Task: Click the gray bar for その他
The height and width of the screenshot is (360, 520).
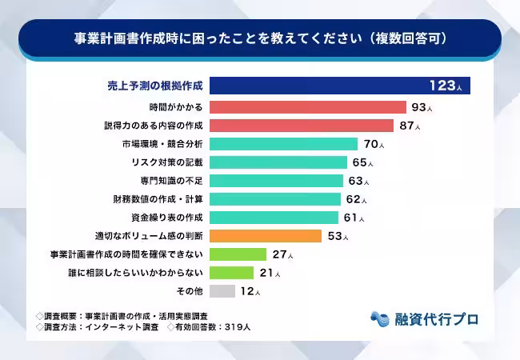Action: pyautogui.click(x=223, y=291)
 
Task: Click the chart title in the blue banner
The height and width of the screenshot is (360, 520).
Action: pyautogui.click(x=260, y=38)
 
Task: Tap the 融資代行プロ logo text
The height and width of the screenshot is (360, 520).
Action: pyautogui.click(x=437, y=318)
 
